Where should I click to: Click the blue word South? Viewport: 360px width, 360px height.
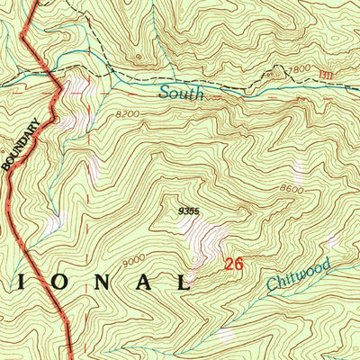click(182, 92)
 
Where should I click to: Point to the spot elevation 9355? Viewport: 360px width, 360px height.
click(190, 211)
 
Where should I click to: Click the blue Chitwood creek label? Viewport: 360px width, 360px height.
click(300, 274)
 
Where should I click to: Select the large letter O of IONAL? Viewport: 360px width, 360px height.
click(53, 282)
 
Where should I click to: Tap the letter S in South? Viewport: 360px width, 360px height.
click(165, 92)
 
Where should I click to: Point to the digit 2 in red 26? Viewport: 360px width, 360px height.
click(230, 265)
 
